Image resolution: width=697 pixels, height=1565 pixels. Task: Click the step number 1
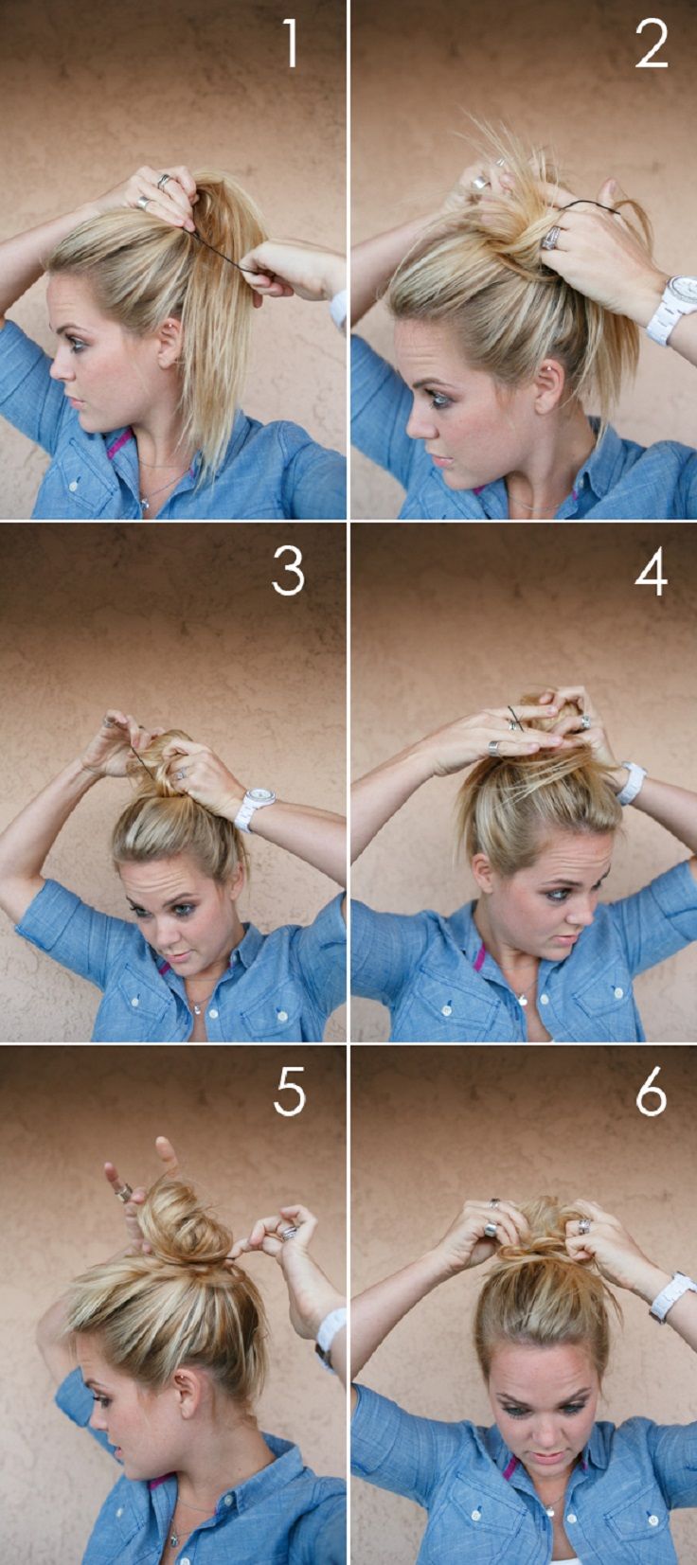coord(291,44)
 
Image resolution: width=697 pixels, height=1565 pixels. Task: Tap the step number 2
coord(652,44)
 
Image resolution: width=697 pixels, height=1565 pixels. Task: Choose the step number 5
coord(289,1093)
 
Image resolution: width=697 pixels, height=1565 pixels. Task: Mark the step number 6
coord(652,1094)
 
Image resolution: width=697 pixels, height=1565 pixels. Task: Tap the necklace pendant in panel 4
coord(523,997)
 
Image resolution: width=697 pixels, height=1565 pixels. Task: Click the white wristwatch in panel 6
coord(670,1295)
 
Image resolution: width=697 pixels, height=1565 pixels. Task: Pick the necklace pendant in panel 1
coord(144,503)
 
